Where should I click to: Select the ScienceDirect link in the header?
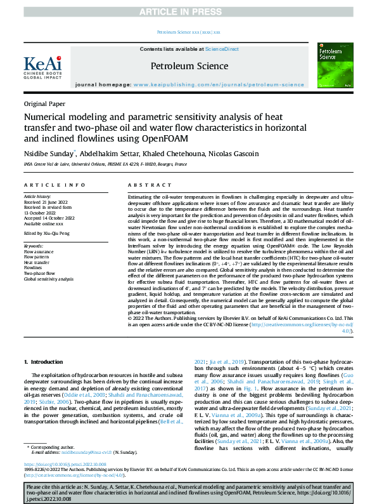pos(220,49)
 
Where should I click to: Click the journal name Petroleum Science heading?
pos(189,66)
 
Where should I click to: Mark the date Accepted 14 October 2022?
pos(54,218)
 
